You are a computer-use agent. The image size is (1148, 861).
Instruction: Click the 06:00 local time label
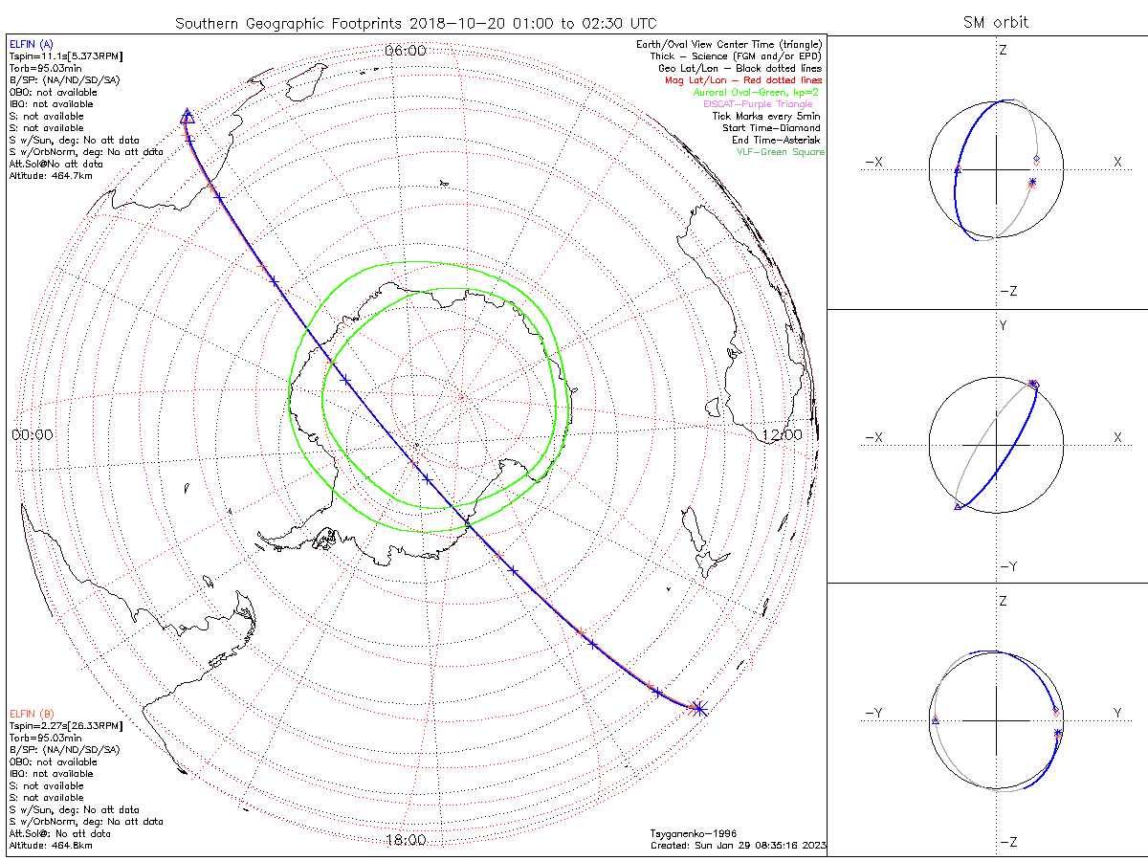405,51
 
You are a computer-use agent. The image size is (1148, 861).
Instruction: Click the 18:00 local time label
405,840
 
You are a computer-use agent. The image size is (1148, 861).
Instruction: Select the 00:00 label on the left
32,433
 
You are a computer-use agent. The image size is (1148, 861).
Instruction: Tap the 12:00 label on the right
781,433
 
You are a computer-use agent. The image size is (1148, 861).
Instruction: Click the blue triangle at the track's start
188,117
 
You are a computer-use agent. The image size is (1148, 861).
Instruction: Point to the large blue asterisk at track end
698,709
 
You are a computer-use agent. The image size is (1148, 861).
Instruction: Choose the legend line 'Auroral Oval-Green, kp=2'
756,93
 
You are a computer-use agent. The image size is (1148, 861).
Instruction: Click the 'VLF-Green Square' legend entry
780,152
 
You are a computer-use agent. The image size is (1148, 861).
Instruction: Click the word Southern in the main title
206,22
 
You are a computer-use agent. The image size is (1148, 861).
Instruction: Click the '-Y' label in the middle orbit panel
1007,566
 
